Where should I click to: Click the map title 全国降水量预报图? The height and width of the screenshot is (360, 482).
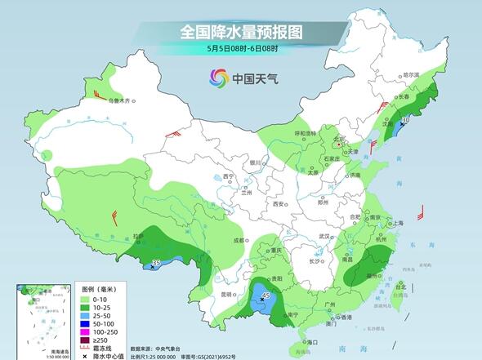240,33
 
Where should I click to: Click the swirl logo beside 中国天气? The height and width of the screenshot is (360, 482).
219,78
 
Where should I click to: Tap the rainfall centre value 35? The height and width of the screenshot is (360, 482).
155,262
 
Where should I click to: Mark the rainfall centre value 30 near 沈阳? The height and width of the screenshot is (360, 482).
406,120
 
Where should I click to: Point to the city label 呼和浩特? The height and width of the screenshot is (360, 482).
305,133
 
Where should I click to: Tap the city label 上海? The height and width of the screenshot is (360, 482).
398,222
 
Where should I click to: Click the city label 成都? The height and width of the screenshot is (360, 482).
237,240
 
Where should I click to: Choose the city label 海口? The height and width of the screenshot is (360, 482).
312,341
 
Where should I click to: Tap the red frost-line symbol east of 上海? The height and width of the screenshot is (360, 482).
421,214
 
